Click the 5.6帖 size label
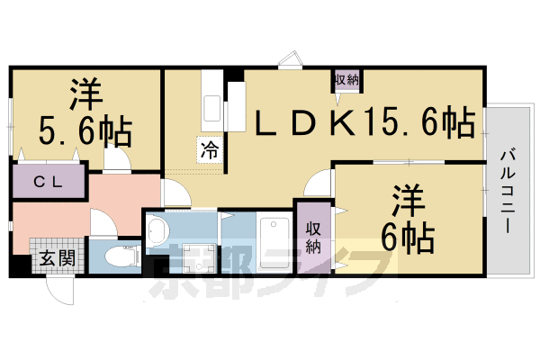pos(85,131)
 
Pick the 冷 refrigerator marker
pos(209,150)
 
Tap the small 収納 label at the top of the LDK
pos(347,80)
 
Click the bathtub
pos(270,238)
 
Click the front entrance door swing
pos(60,290)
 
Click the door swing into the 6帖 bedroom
pos(319,185)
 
